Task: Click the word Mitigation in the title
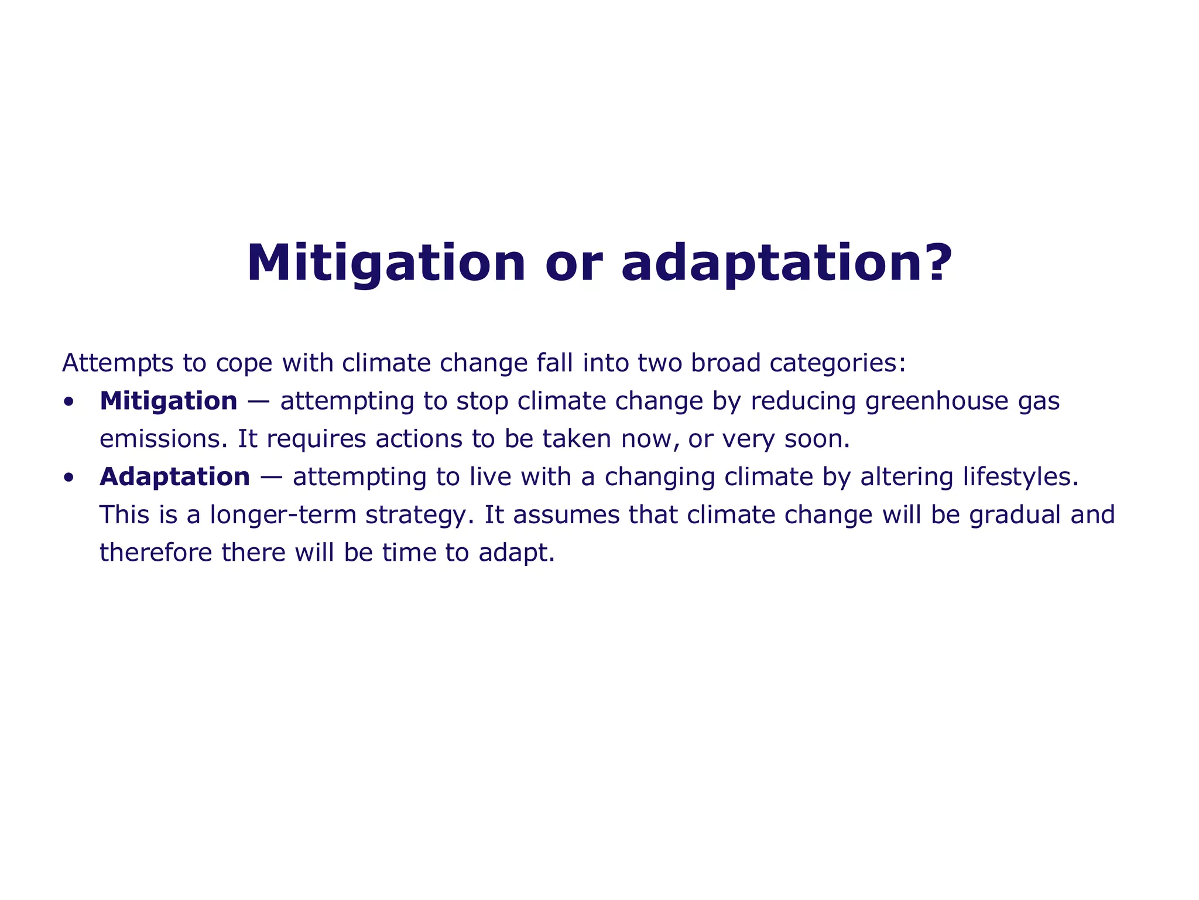coord(386,263)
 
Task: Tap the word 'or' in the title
coord(573,263)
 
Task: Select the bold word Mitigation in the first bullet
coord(169,401)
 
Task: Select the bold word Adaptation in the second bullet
coord(174,477)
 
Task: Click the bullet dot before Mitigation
coord(69,402)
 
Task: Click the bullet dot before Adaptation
coord(69,478)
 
